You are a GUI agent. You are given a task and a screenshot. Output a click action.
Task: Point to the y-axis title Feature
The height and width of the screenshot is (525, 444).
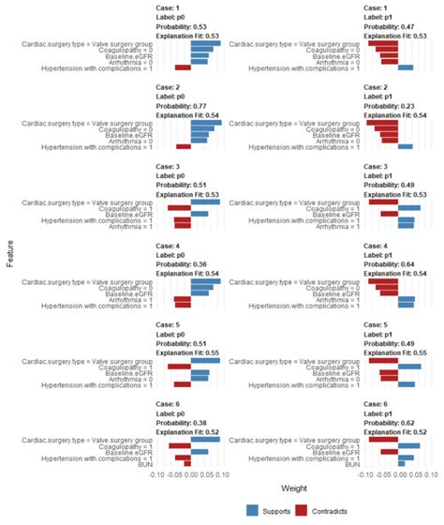click(8, 254)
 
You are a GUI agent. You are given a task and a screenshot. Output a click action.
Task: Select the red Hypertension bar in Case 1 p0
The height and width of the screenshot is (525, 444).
click(183, 67)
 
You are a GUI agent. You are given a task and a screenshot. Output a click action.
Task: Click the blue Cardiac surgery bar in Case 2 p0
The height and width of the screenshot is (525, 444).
click(205, 122)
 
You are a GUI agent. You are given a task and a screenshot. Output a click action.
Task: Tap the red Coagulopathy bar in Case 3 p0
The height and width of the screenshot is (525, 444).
click(179, 208)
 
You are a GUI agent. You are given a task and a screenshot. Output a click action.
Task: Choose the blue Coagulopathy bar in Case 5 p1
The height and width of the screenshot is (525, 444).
click(409, 366)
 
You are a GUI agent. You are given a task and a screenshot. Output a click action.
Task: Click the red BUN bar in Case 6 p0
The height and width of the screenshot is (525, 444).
click(186, 463)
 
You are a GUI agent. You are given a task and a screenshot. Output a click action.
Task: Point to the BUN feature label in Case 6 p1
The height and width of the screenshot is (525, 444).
click(353, 463)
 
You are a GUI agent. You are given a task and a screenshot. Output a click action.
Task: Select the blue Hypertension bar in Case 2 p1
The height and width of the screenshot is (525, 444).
click(406, 146)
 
